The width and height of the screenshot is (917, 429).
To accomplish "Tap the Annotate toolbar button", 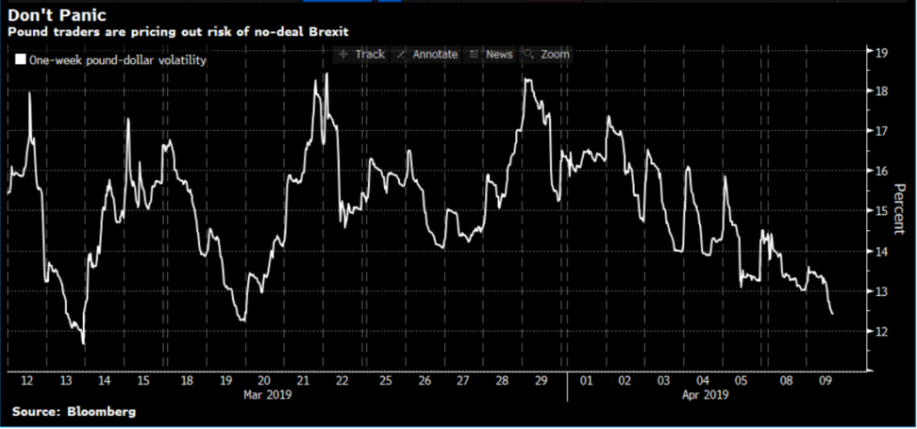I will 428,55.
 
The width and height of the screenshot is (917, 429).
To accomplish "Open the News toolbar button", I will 492,55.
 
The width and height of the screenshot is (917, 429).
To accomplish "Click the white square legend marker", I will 21,60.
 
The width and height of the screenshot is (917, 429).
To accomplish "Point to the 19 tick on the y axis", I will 884,53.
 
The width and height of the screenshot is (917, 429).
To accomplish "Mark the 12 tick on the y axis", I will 884,332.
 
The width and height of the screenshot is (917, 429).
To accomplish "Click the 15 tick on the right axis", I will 884,212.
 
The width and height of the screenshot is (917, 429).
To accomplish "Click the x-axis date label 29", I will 540,380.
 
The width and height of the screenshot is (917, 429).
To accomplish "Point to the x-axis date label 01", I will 585,380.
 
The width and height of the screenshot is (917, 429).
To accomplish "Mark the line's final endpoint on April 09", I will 831,314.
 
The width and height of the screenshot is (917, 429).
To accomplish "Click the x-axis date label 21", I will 304,380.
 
